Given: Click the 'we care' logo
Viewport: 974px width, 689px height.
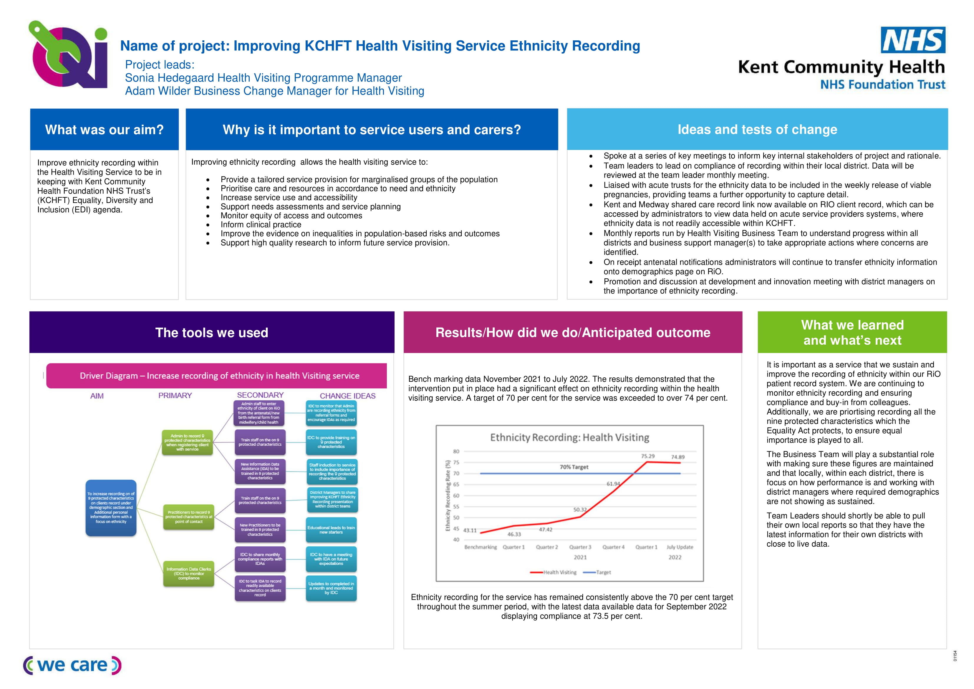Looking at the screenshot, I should tap(72, 665).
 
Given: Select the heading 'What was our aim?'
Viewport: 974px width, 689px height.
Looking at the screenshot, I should tap(104, 130).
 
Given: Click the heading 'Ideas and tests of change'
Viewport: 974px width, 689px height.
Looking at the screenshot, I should tap(757, 130).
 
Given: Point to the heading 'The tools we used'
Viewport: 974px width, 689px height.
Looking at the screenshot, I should tap(212, 332).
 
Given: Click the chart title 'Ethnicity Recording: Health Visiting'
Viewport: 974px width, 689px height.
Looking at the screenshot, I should tap(569, 437).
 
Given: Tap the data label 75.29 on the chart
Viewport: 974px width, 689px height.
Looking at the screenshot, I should tap(647, 456).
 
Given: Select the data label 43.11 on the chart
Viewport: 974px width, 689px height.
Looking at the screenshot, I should tap(470, 530).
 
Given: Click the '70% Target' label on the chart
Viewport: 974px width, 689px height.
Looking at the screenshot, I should tap(574, 467).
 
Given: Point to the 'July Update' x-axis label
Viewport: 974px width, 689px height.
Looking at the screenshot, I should tap(680, 547).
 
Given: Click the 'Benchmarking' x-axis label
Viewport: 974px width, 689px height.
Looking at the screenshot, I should tap(480, 547).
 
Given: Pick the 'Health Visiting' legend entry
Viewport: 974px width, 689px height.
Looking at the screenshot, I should tap(554, 572).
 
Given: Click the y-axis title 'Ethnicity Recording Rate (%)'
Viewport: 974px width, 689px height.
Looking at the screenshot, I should tap(448, 495).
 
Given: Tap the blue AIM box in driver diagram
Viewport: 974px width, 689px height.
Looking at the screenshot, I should tap(111, 508).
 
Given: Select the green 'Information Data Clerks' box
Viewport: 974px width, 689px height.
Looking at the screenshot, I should tap(189, 574).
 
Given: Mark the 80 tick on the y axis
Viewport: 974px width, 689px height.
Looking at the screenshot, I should tap(456, 451).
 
